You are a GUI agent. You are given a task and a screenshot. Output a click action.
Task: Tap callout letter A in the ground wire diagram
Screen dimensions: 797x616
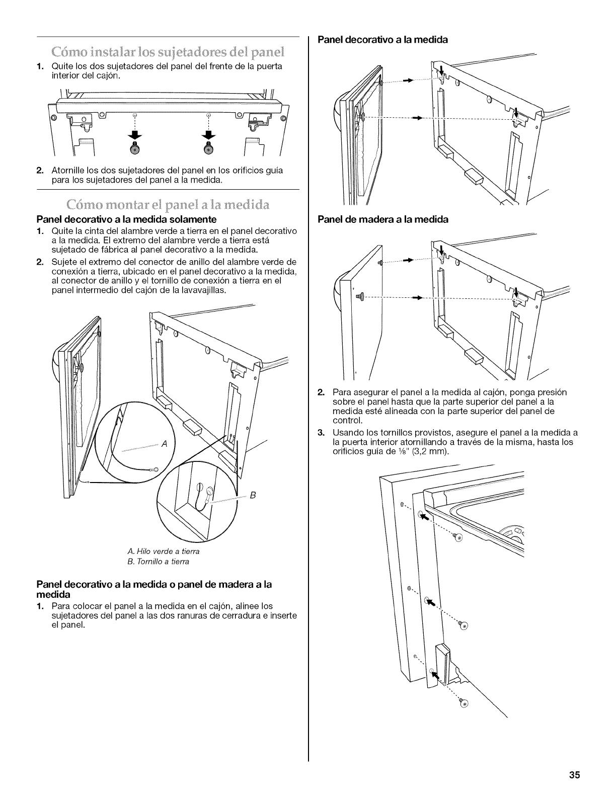tap(164, 443)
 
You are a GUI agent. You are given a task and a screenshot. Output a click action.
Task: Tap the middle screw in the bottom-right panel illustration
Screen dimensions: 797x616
tap(464, 625)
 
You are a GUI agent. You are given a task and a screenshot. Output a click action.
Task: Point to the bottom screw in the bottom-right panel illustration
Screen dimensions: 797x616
tap(464, 703)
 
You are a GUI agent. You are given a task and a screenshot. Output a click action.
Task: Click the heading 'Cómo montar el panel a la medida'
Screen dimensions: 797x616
tap(169, 205)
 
